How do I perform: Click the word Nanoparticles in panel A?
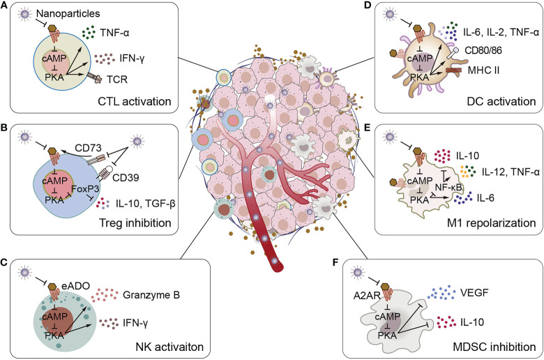[68, 13]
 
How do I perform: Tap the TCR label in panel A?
[118, 80]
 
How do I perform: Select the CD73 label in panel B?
[88, 148]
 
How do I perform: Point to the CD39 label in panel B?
[126, 178]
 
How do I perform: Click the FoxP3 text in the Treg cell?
[85, 189]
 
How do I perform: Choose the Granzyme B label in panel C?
[151, 295]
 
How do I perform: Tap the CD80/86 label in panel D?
[483, 51]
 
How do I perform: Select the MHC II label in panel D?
[483, 70]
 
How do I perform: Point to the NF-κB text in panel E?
[448, 187]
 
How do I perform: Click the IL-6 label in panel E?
[485, 198]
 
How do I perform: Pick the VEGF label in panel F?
[474, 292]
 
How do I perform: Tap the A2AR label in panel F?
[367, 295]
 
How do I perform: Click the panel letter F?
[335, 262]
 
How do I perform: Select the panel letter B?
[4, 128]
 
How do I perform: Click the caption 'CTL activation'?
[135, 101]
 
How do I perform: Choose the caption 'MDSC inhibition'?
[494, 347]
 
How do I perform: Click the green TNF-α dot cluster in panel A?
[89, 33]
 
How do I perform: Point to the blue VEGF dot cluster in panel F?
[441, 293]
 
